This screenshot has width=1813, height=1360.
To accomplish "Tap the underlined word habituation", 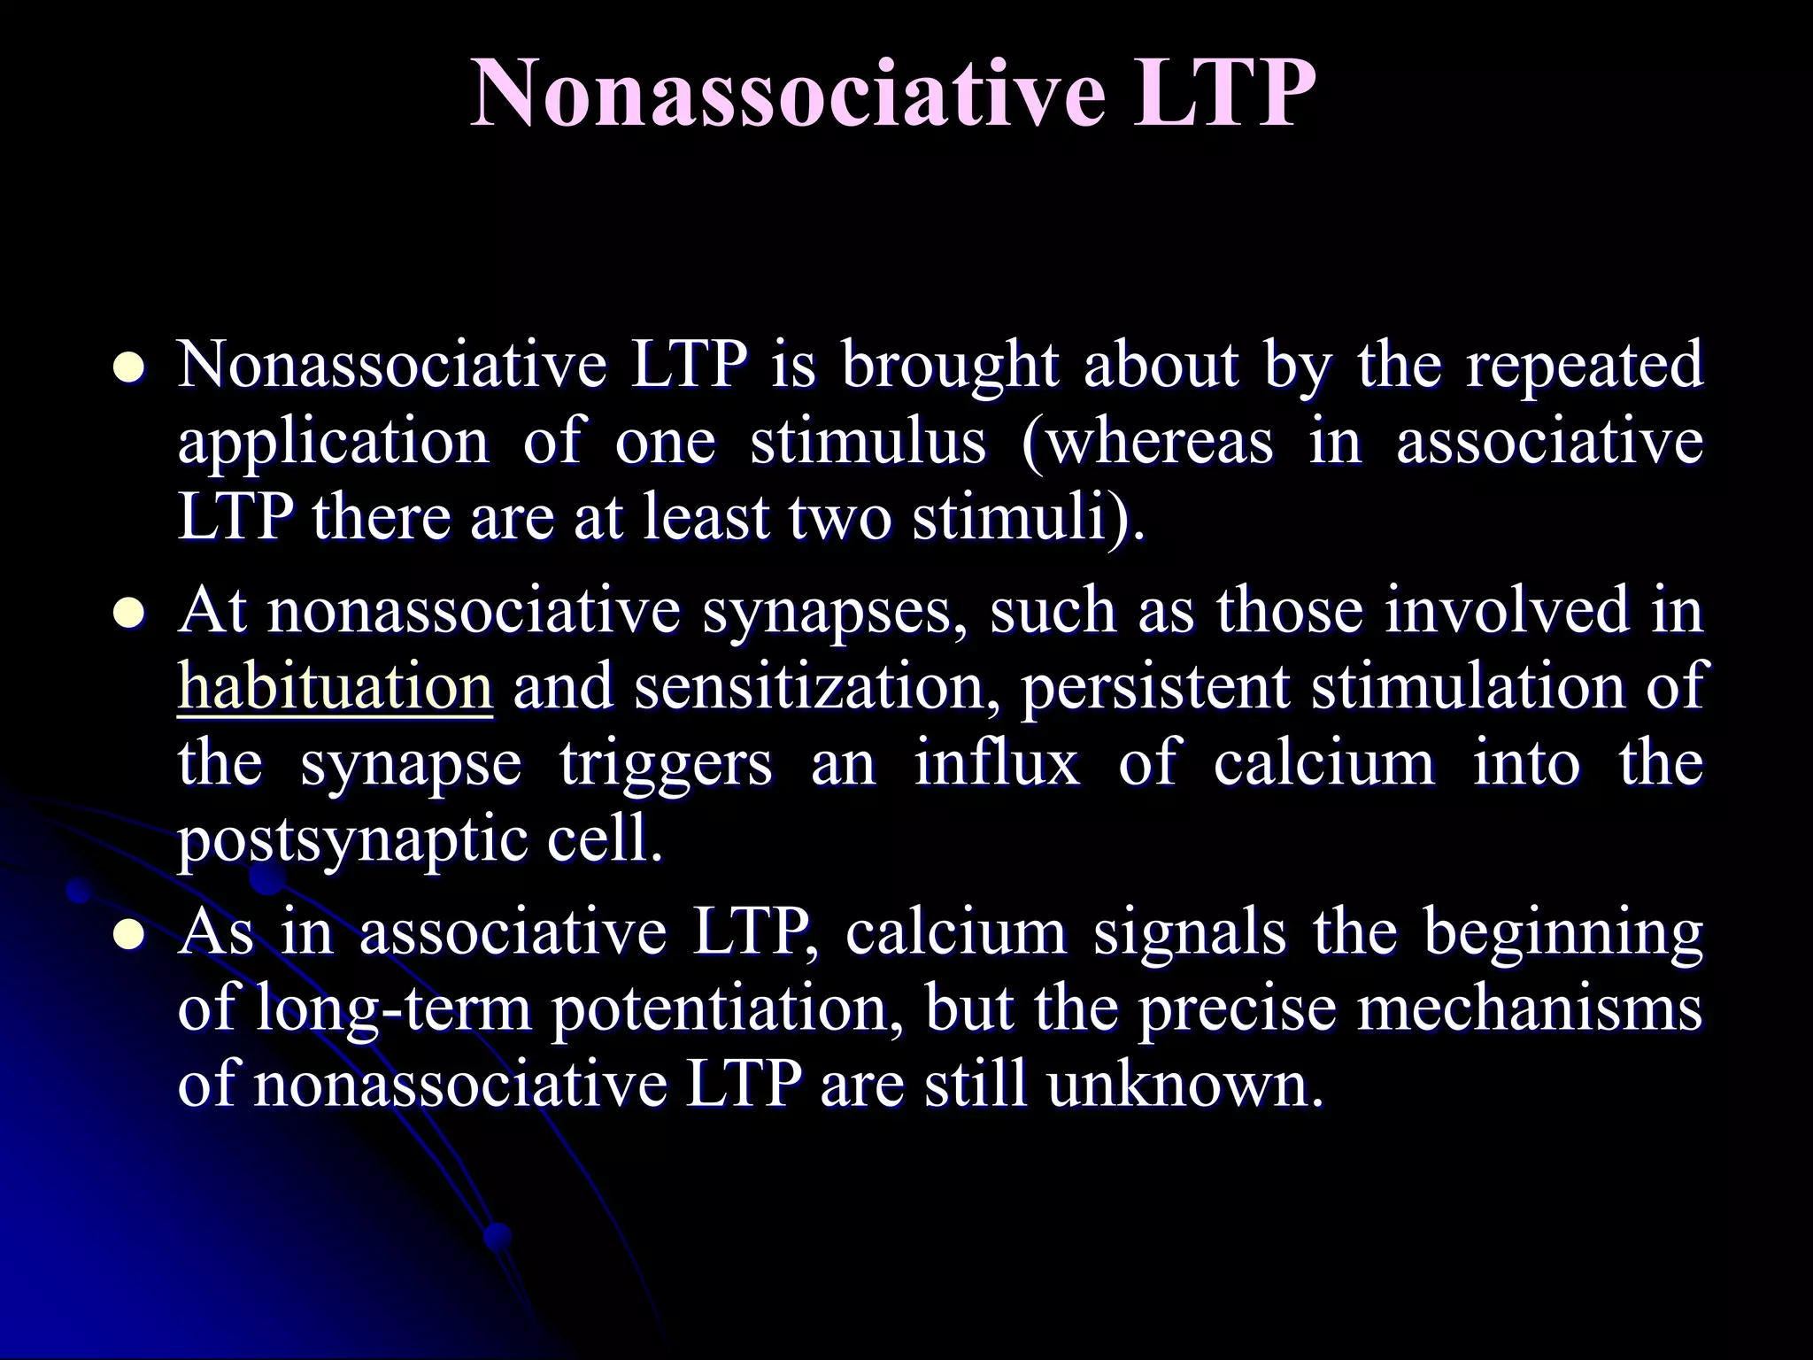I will pos(335,687).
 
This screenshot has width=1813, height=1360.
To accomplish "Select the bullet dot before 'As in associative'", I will pos(129,935).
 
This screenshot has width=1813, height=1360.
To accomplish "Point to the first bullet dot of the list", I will pos(129,367).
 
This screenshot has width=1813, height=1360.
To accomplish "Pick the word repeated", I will pos(1585,365).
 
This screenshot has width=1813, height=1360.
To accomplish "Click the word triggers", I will pos(666,763).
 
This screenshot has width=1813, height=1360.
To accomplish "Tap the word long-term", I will pos(393,1009).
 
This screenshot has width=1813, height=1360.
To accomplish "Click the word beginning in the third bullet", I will pos(1563,935).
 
